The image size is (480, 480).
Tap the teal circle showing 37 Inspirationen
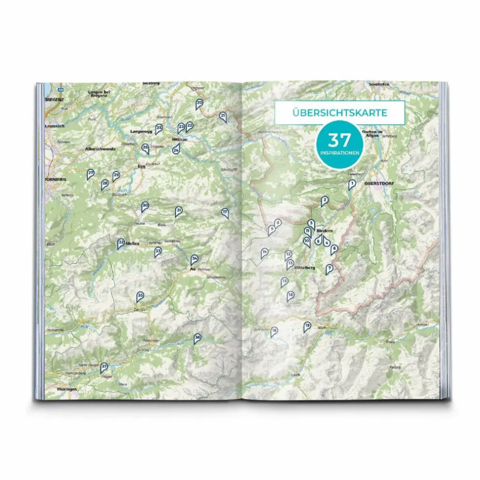339,144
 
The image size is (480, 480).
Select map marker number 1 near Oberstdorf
351,184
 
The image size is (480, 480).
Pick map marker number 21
223,116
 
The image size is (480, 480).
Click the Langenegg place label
140,132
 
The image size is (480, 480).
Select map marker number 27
90,174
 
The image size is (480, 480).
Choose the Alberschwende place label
100,149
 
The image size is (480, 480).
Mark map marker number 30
144,206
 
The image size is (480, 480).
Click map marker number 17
224,213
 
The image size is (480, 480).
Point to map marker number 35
140,296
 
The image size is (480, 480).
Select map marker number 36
197,338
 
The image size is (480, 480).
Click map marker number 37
104,367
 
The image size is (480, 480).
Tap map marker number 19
307,327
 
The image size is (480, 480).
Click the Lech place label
295,375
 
